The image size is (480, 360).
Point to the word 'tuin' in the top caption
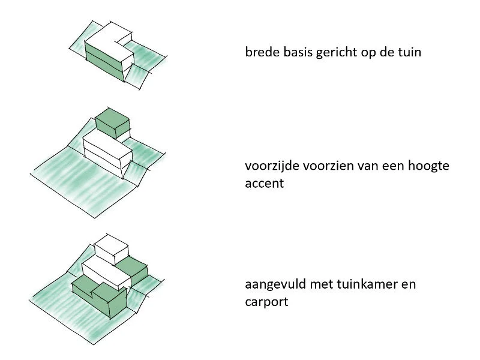click(410, 52)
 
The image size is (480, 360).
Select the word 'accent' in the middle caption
click(264, 184)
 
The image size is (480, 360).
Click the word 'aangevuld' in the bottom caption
click(273, 284)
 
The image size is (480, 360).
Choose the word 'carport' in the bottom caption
click(266, 301)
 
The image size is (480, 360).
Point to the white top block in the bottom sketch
click(112, 247)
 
